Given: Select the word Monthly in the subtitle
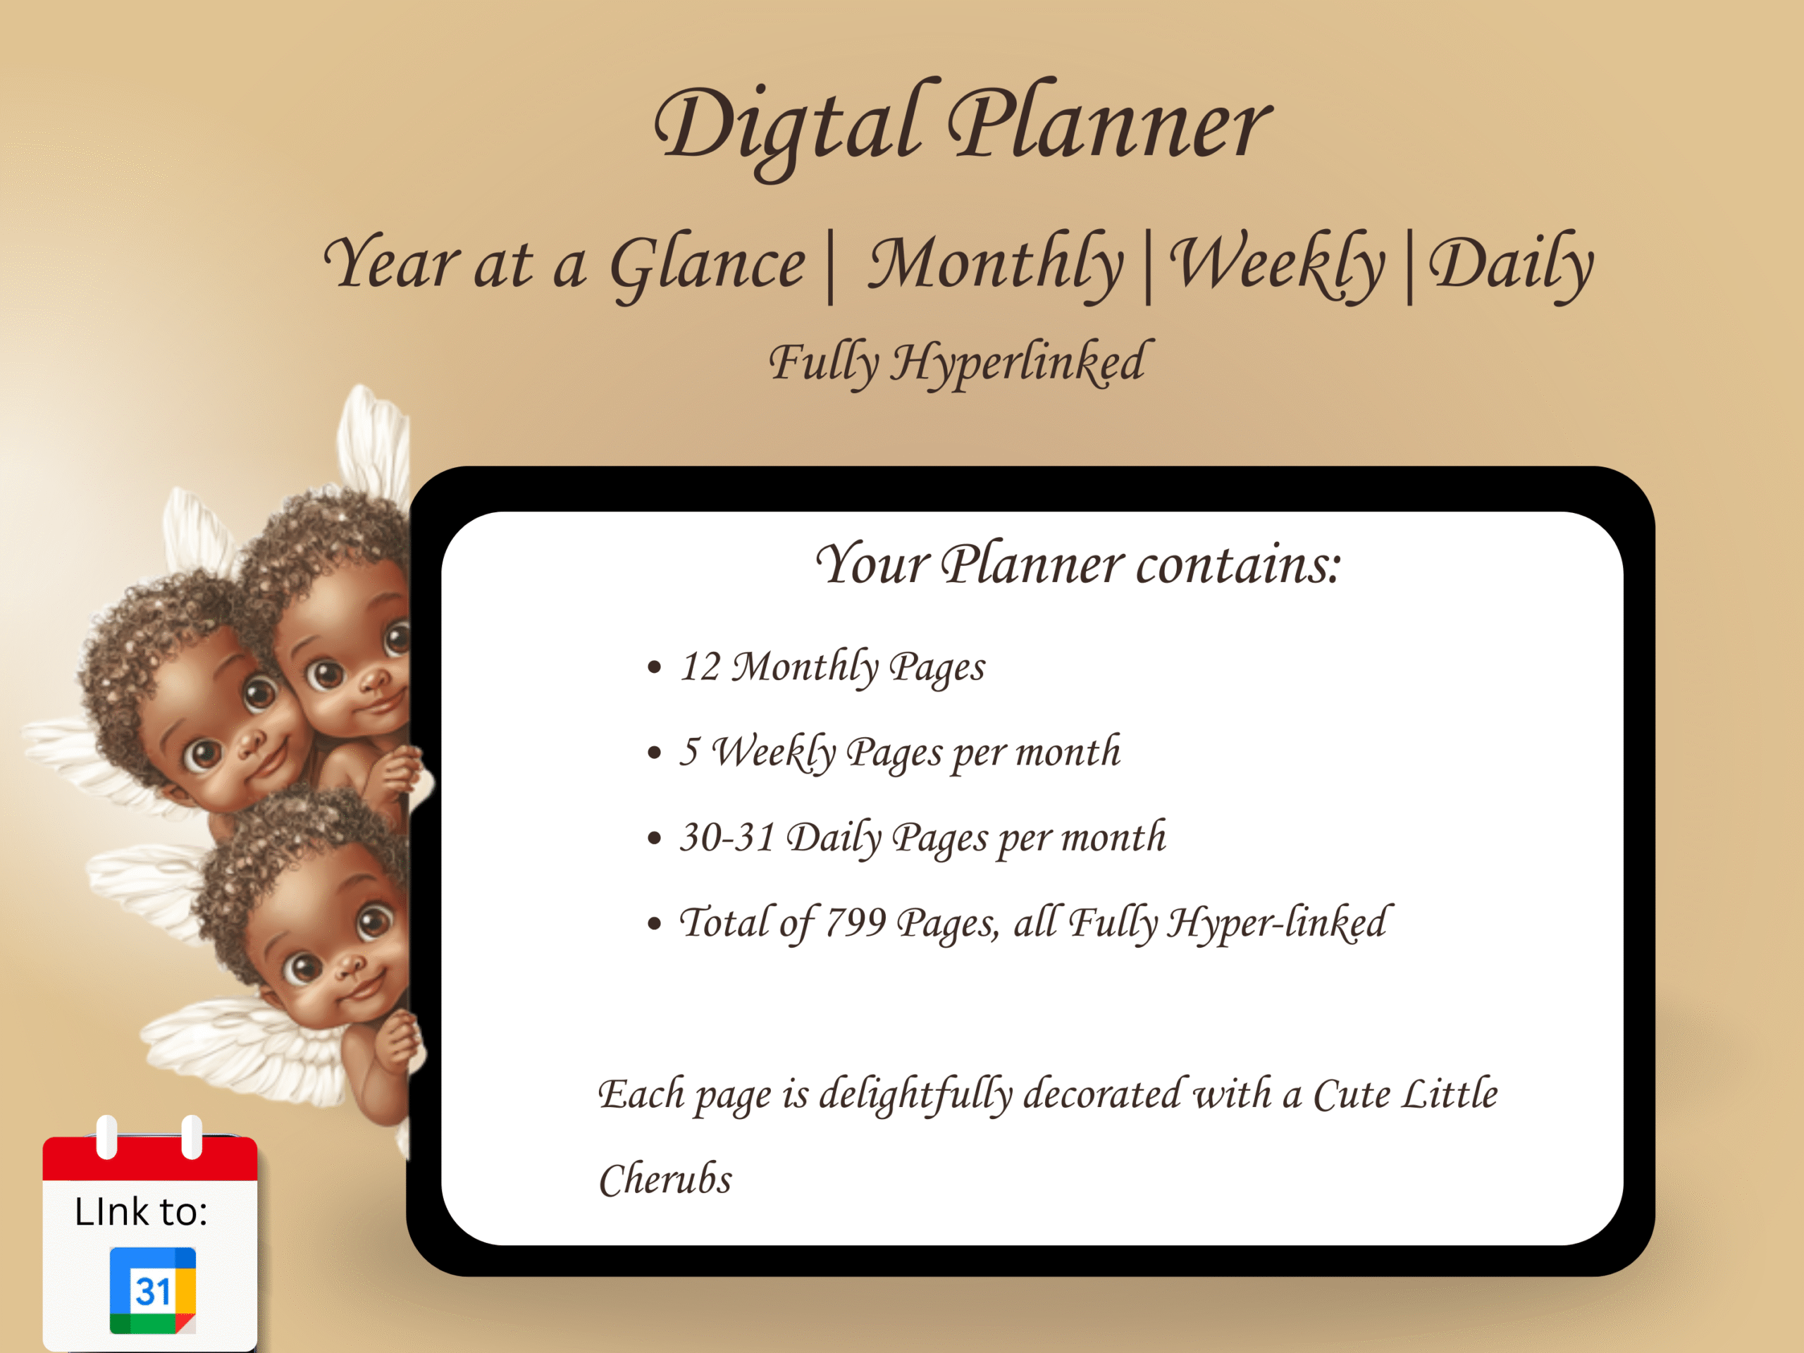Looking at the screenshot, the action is point(996,266).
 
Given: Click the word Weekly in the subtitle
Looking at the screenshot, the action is point(1277,266).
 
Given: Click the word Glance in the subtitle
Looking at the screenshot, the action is point(708,266).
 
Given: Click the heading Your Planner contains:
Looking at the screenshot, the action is point(1078,564).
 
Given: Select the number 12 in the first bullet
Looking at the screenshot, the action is point(700,667).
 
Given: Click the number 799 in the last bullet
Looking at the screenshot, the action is point(855,922).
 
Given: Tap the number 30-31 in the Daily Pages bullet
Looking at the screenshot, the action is point(727,838).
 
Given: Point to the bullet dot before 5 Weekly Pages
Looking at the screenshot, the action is point(654,753).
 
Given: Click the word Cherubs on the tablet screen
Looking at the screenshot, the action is point(665,1179).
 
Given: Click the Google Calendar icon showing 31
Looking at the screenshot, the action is point(152,1290).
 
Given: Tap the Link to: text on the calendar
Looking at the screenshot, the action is point(140,1212).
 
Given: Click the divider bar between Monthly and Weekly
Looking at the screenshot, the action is point(1149,268).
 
